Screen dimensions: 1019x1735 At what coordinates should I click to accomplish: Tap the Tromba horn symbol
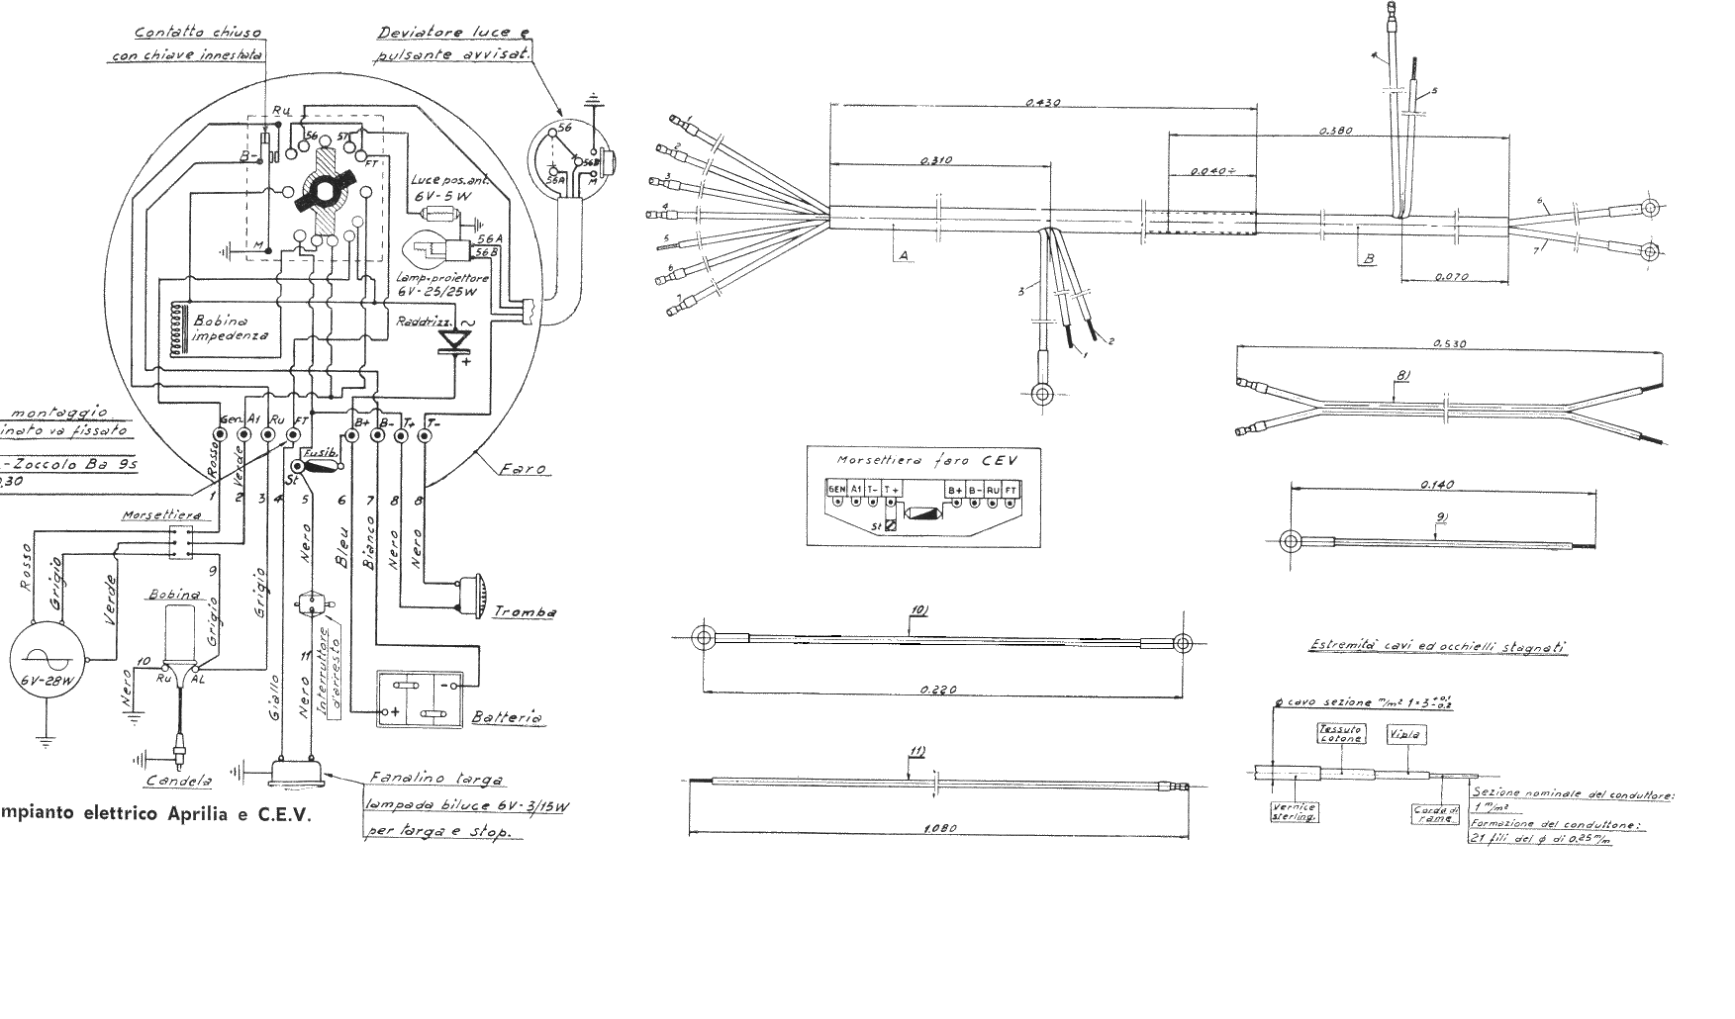coord(469,593)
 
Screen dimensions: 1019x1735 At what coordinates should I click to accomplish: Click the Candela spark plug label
coord(179,781)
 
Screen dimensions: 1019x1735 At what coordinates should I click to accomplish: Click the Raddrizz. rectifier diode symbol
coord(456,339)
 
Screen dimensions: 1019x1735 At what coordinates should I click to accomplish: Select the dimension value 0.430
coord(1043,102)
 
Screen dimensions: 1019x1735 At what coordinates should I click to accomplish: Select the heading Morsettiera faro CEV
coord(924,459)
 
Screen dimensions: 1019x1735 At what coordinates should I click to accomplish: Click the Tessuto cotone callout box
coord(1340,733)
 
